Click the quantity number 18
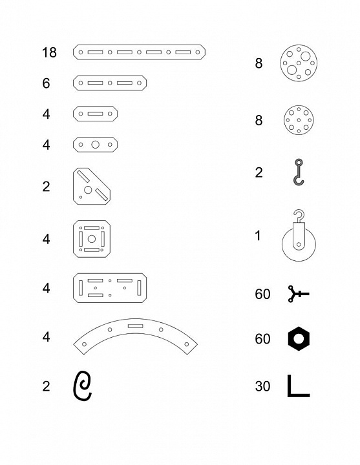(x=49, y=52)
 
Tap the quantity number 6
(x=46, y=83)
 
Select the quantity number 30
(x=262, y=386)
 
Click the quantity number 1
(x=258, y=236)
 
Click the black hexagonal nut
(x=299, y=338)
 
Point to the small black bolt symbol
(x=298, y=294)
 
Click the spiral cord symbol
(x=82, y=386)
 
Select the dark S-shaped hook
(x=299, y=172)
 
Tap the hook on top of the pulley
(x=299, y=216)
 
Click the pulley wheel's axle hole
(x=299, y=244)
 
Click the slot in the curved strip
(x=136, y=326)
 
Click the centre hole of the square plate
(x=92, y=239)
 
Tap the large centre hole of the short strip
(x=95, y=145)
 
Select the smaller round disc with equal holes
(x=299, y=120)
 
